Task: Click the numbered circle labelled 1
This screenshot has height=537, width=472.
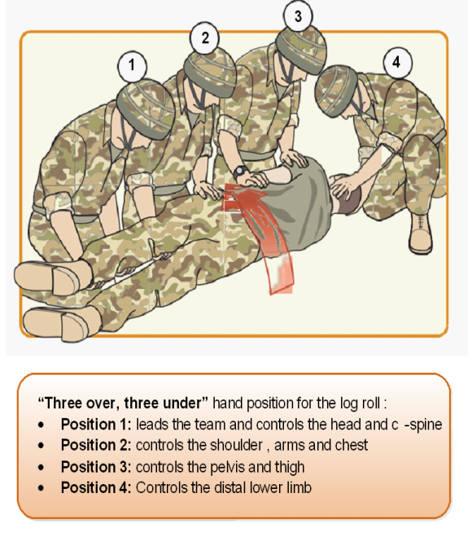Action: click(x=132, y=66)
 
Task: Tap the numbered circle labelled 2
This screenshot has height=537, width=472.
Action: click(x=204, y=37)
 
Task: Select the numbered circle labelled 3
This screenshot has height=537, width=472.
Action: click(x=298, y=16)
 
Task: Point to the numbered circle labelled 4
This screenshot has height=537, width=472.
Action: click(x=397, y=63)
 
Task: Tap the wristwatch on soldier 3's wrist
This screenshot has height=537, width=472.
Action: click(x=241, y=172)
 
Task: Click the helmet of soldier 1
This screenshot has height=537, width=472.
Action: click(x=146, y=109)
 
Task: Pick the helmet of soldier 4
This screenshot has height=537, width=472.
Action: click(x=335, y=90)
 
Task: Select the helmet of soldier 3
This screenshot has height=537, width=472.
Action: click(x=301, y=50)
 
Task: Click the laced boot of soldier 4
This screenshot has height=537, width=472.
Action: click(x=421, y=233)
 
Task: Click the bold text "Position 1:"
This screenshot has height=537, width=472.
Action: click(x=96, y=425)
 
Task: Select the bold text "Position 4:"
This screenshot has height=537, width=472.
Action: click(x=96, y=487)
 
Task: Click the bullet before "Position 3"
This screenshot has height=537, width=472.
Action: click(x=42, y=468)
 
